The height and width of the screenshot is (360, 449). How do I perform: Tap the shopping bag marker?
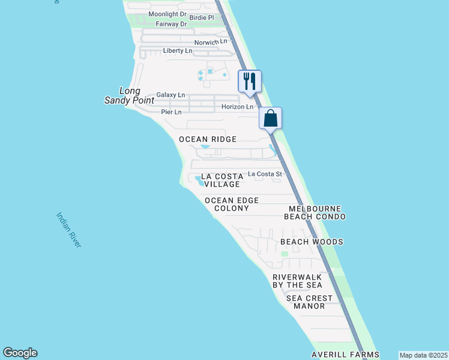[x=270, y=118]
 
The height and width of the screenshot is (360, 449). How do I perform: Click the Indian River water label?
[x=68, y=229]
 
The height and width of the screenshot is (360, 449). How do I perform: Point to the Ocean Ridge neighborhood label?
[x=208, y=139]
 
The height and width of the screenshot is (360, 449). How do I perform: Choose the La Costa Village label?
[x=221, y=180]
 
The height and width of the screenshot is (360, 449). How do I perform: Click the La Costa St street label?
[x=265, y=173]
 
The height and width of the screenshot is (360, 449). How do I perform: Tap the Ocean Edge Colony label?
[x=231, y=204]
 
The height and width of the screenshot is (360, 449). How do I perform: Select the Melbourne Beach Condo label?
[x=315, y=212]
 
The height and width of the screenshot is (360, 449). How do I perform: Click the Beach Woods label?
[x=312, y=242]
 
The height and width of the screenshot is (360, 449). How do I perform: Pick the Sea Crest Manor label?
[x=309, y=302]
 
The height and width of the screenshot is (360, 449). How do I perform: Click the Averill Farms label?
[x=345, y=355]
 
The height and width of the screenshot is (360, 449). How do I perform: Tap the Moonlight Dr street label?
[x=167, y=14]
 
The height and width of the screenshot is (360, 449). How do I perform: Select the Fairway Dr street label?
[x=171, y=24]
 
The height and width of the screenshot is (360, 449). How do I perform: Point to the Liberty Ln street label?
[x=177, y=51]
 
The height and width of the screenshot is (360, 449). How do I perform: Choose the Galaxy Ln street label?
[x=170, y=95]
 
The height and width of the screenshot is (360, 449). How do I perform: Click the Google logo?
[x=20, y=353]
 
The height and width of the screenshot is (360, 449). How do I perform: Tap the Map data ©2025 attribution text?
[x=423, y=355]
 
